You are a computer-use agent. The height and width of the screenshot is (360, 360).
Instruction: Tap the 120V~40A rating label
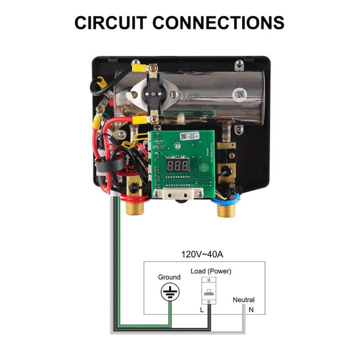click(x=201, y=254)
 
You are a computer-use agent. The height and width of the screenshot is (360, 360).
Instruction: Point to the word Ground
click(x=169, y=277)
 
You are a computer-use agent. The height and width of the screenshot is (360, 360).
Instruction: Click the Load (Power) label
click(x=211, y=271)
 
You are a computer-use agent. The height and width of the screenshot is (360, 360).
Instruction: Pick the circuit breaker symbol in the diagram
click(x=210, y=293)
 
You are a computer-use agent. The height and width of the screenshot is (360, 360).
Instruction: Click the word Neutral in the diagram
click(x=243, y=300)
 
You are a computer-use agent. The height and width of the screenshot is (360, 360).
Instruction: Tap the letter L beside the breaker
click(x=202, y=310)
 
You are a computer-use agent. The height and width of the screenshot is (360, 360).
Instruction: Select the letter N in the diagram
click(x=251, y=310)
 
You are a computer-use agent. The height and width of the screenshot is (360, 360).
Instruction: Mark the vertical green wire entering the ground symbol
click(x=170, y=314)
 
